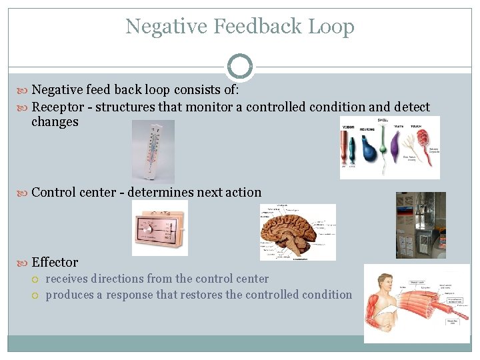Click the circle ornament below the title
pos(240,67)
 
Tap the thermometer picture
pos(153,151)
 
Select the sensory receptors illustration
pos(390,147)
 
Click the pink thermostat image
pos(160,228)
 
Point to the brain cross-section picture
pos(297,231)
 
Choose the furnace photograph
pos(421,225)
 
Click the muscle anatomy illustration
pos(417,303)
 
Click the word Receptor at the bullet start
pos(58,107)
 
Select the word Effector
pos(55,263)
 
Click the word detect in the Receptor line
pos(412,107)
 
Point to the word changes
pos(55,122)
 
